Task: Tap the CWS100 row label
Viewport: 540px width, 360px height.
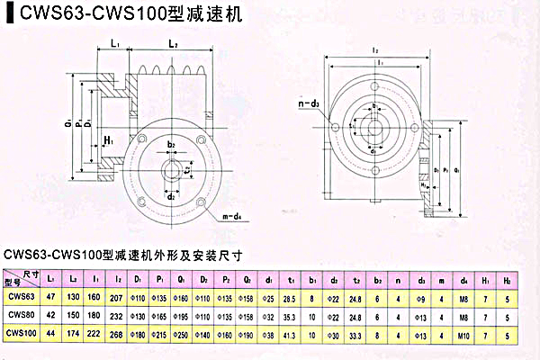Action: tap(21, 333)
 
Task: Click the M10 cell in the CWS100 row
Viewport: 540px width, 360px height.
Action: tap(462, 333)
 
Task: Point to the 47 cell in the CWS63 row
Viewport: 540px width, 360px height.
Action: tap(51, 297)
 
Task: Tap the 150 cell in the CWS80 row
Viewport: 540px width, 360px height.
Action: tap(74, 315)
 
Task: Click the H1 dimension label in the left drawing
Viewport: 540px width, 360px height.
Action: tap(108, 140)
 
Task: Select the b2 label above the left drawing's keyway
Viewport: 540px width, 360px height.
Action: tap(171, 144)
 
